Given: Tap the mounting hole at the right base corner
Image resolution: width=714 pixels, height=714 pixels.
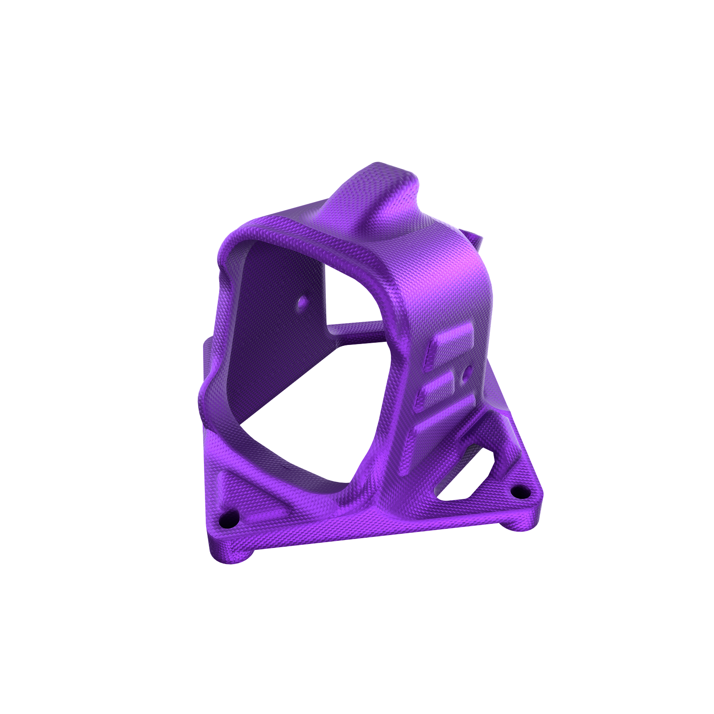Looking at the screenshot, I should (x=519, y=493).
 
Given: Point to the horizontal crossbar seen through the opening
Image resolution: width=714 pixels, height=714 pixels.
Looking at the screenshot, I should (x=357, y=330).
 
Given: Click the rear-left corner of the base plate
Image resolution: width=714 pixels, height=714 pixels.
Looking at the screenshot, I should (x=208, y=346).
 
